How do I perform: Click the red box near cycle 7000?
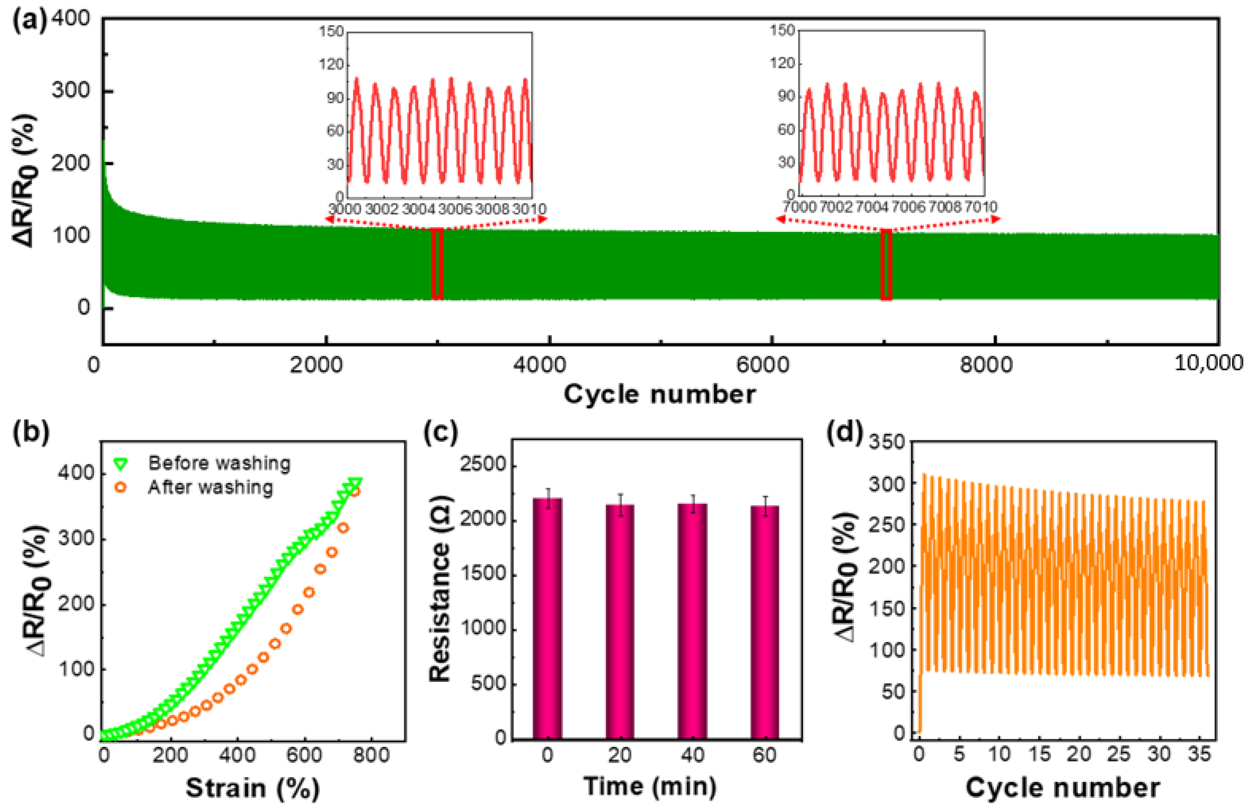click(x=886, y=264)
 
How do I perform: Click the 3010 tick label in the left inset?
click(x=529, y=208)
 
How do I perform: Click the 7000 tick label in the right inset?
click(x=800, y=207)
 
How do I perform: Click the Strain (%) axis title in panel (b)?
click(x=252, y=788)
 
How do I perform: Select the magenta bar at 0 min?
click(x=548, y=618)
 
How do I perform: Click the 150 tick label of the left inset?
click(x=332, y=31)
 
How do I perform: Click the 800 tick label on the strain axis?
click(x=371, y=755)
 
